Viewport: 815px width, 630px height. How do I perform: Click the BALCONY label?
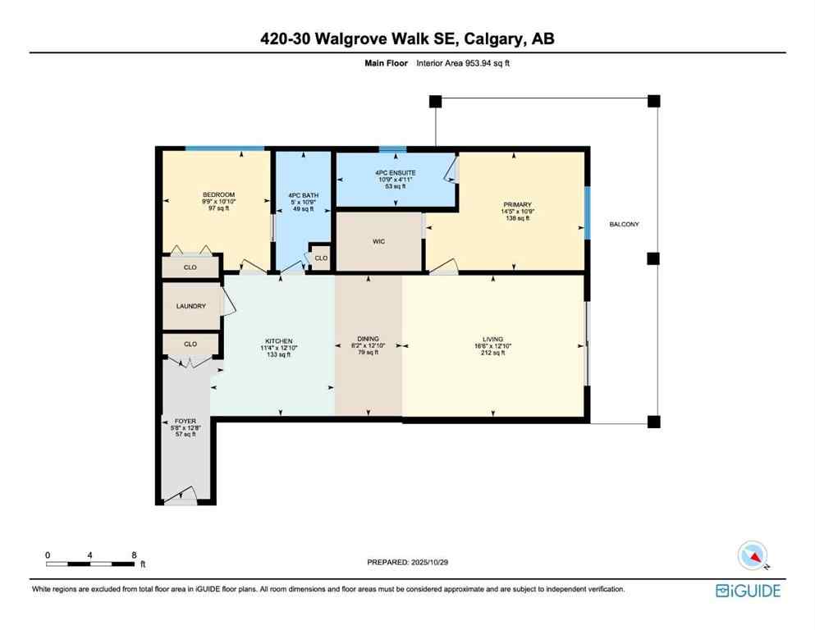[625, 224]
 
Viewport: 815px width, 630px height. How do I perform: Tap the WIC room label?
[378, 241]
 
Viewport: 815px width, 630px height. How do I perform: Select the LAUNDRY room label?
[190, 306]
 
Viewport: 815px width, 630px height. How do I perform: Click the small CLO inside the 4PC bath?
[321, 258]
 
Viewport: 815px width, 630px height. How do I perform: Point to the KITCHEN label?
[278, 341]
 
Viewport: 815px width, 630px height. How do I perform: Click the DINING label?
[367, 337]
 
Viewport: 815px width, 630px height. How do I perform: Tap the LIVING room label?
[492, 337]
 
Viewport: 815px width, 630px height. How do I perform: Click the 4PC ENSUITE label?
[396, 172]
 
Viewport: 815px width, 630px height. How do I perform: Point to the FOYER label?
[185, 420]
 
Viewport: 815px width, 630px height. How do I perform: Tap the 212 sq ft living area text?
[492, 354]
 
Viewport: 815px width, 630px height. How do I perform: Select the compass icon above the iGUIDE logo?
[753, 555]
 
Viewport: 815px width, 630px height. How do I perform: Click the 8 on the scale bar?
[134, 555]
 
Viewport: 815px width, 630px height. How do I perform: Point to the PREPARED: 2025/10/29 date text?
[408, 563]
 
